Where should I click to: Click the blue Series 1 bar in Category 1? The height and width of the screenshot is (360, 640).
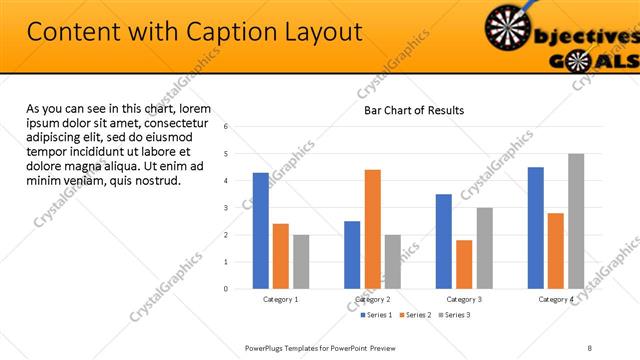tap(261, 231)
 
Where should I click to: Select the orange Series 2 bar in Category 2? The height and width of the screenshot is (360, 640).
tap(372, 229)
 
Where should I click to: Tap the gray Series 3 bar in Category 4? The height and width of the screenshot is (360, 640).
tap(575, 221)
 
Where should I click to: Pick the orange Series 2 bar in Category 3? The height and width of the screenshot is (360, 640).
tap(464, 264)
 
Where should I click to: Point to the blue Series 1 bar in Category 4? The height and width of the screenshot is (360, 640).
tap(535, 228)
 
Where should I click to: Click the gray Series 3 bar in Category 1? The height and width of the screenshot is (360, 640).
tap(301, 262)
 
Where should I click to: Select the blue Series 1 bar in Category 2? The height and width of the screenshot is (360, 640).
tap(352, 255)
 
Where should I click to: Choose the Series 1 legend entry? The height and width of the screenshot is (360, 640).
tap(377, 315)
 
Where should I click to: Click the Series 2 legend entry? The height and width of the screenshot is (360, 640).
tap(415, 315)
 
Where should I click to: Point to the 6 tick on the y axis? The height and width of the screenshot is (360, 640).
tap(226, 127)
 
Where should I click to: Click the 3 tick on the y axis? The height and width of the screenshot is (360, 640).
tap(226, 208)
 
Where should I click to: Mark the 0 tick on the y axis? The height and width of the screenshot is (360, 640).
tap(226, 289)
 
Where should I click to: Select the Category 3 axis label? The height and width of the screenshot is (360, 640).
tap(464, 299)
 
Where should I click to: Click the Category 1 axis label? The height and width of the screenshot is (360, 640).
tap(281, 299)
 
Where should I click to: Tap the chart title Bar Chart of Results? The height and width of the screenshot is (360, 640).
tap(413, 110)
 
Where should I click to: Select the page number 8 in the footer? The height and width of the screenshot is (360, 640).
tap(590, 347)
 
